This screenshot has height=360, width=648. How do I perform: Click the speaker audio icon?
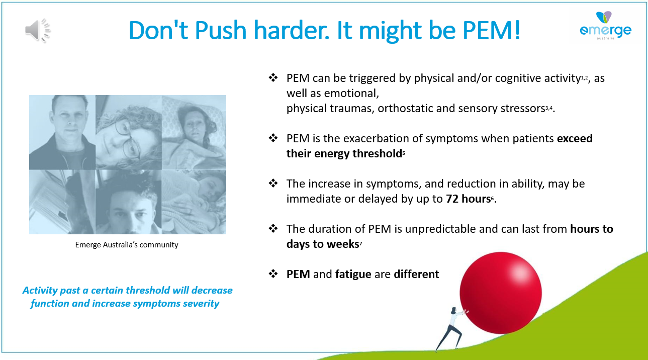(x=38, y=30)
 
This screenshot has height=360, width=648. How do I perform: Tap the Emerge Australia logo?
(x=605, y=26)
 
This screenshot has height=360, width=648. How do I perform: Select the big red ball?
(x=501, y=293)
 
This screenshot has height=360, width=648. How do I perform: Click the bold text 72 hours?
(x=469, y=199)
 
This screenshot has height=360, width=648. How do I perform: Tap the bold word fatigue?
(x=353, y=274)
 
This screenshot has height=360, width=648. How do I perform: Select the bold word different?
(x=416, y=274)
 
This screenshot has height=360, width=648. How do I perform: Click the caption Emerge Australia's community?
(x=127, y=245)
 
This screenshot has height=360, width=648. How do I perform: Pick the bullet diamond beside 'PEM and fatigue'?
(x=273, y=274)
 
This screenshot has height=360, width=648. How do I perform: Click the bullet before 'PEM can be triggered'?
(x=273, y=77)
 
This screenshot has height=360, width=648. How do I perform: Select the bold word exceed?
(x=575, y=138)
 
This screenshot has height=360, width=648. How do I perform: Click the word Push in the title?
(x=220, y=30)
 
